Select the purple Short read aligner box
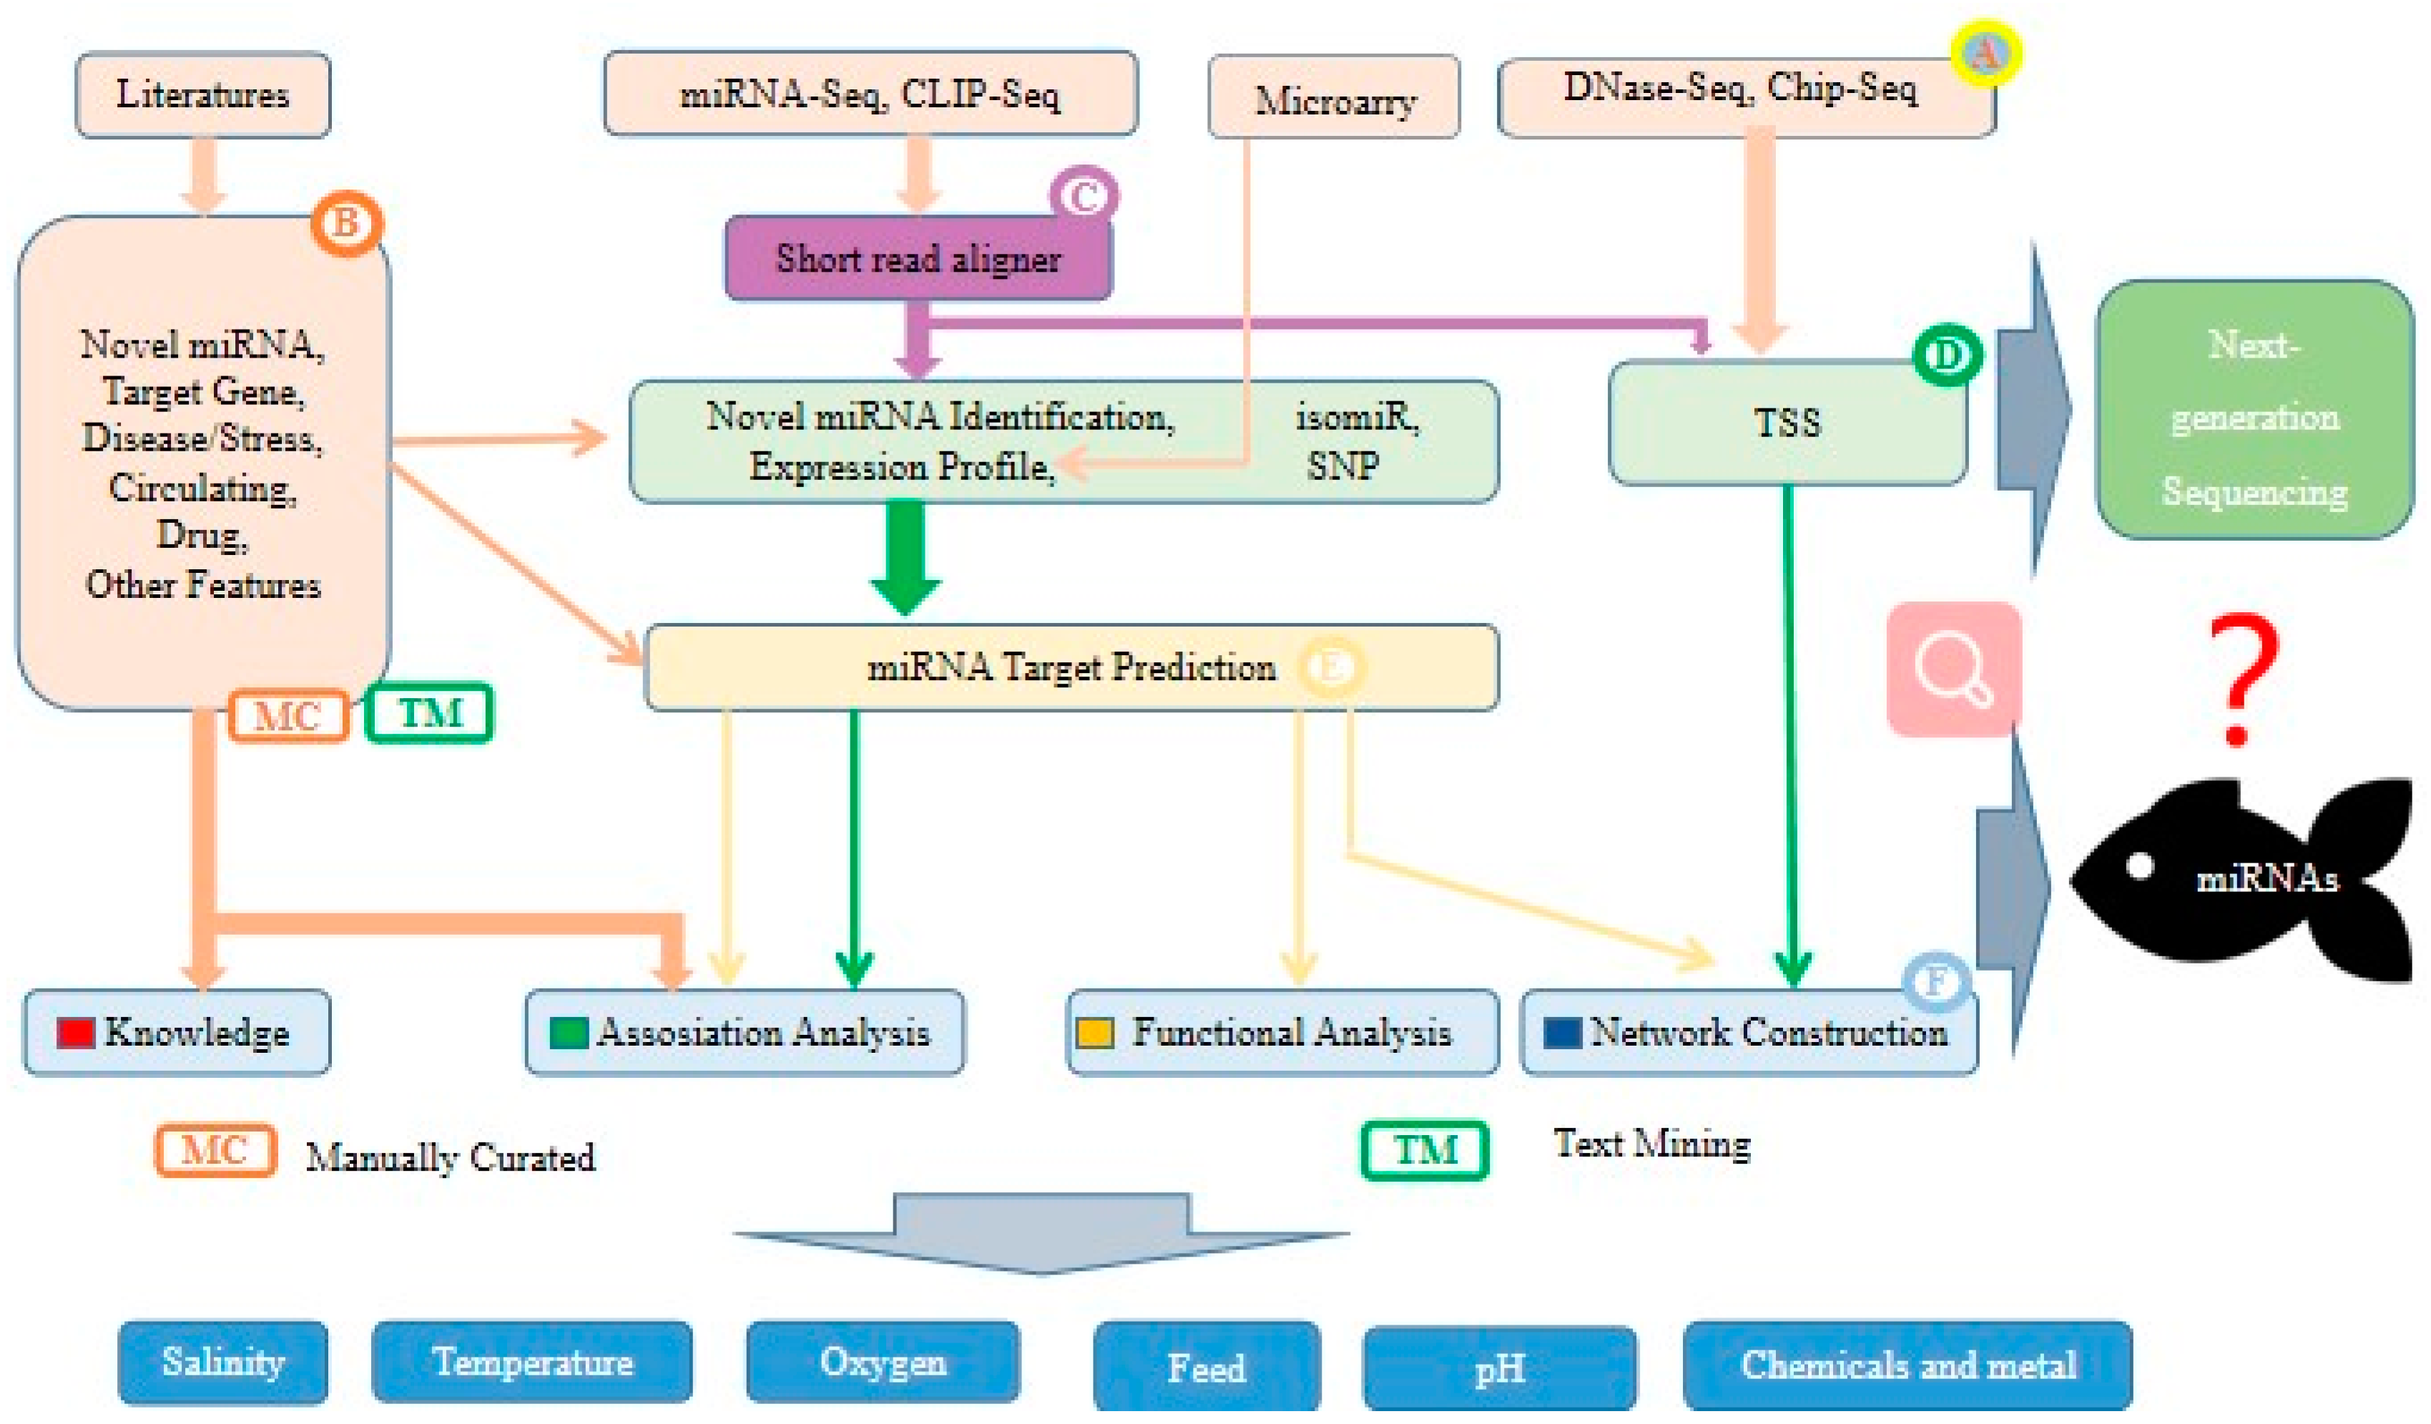pyautogui.click(x=918, y=257)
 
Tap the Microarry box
pyautogui.click(x=1334, y=97)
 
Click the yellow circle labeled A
pyautogui.click(x=1985, y=53)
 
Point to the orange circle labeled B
pyautogui.click(x=346, y=223)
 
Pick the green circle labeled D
pyautogui.click(x=1948, y=355)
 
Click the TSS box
pyautogui.click(x=1787, y=423)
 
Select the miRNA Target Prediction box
pyautogui.click(x=1071, y=667)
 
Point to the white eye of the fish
pyautogui.click(x=2140, y=865)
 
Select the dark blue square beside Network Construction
pyautogui.click(x=1562, y=1032)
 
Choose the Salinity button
pyautogui.click(x=223, y=1362)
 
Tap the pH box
pyautogui.click(x=1499, y=1369)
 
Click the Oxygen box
pyautogui.click(x=883, y=1362)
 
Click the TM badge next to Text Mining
pyautogui.click(x=1425, y=1150)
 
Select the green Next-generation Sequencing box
pyautogui.click(x=2254, y=409)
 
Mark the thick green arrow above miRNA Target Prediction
pyautogui.click(x=905, y=558)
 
